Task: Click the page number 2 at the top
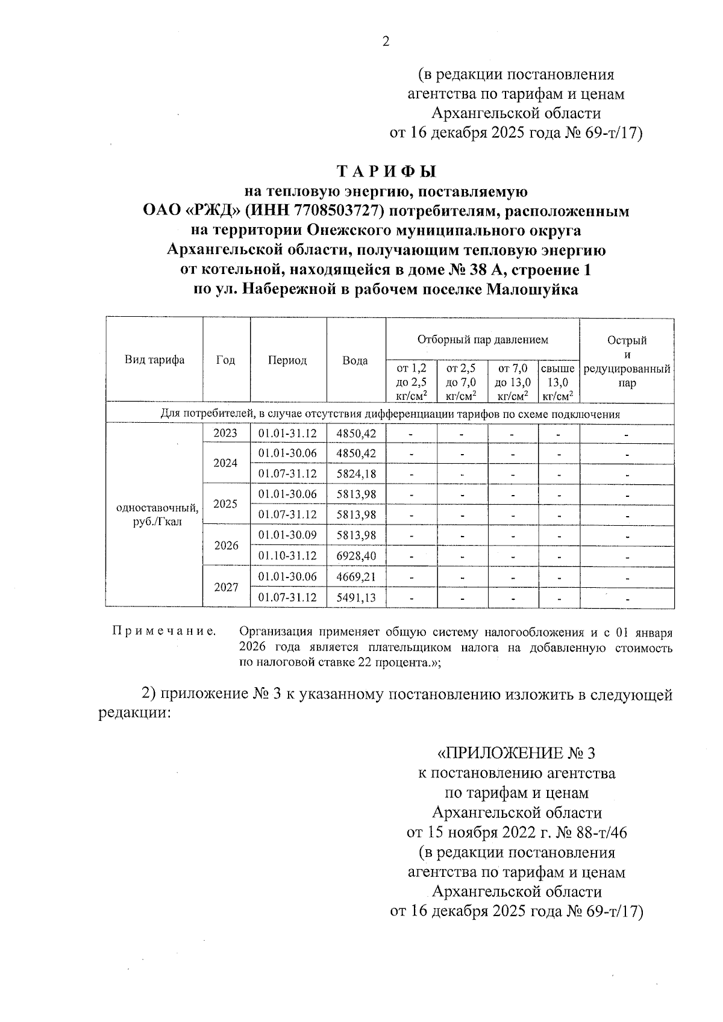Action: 386,42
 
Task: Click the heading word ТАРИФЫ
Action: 386,172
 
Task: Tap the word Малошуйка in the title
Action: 532,290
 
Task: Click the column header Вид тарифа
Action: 154,360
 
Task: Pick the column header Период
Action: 287,360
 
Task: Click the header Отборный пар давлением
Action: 483,340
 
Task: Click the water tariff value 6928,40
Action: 356,556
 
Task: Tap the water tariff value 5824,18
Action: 356,474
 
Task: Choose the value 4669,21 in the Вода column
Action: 356,577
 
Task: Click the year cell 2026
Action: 226,546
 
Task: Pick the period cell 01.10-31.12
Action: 287,556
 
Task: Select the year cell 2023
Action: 226,433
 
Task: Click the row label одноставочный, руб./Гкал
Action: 157,515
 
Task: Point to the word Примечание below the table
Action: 164,632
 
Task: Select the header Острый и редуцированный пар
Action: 627,361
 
